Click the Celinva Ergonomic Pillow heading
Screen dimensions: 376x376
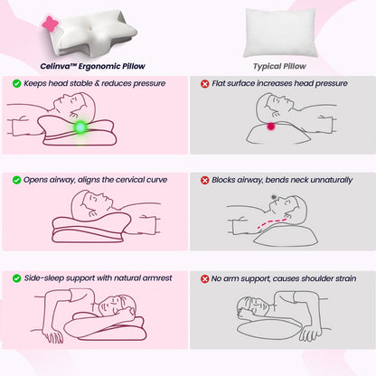94,65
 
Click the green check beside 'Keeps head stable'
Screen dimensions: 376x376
17,83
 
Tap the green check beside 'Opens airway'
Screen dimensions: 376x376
17,180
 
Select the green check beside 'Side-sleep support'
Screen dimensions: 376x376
17,277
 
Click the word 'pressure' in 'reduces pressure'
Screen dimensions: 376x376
159,83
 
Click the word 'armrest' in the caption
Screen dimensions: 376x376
155,277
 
